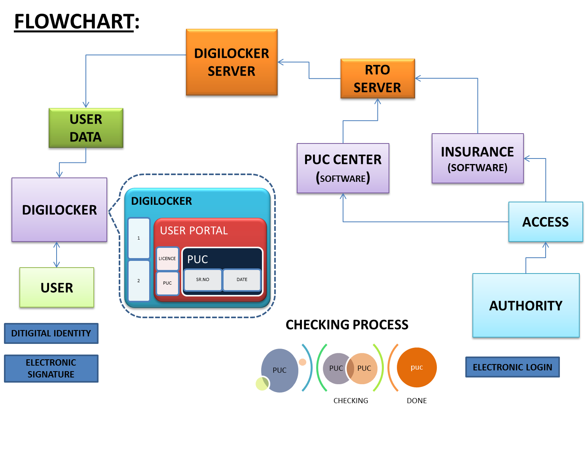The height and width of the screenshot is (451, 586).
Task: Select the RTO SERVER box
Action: coord(377,79)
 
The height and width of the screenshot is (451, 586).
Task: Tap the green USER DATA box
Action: coord(86,128)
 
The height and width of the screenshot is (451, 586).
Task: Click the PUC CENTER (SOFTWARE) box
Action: coord(343,168)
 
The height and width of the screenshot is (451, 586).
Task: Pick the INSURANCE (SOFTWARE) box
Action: coord(477,159)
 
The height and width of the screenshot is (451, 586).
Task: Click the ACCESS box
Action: coord(545,222)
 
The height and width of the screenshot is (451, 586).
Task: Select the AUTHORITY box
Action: coord(525,306)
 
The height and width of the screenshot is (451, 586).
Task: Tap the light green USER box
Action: coord(57,288)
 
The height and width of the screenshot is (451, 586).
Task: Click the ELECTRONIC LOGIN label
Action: coord(512,367)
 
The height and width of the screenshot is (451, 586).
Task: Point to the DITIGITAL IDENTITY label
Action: coord(51,333)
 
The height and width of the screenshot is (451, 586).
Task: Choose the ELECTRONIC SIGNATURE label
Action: coord(51,368)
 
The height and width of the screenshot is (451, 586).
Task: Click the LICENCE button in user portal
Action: coord(167,259)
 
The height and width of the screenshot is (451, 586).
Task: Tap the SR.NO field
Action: coord(203,279)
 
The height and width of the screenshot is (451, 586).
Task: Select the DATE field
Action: coord(242,279)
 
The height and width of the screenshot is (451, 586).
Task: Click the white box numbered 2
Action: coord(138,281)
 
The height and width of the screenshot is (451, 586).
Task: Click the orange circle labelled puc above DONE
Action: coord(417,367)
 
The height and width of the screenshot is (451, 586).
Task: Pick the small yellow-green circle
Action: coord(262,383)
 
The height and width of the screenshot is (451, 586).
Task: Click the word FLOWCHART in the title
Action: coord(74,21)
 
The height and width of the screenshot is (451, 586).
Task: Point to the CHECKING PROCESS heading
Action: coord(347,325)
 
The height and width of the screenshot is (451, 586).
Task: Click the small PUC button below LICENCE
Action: coord(167,283)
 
